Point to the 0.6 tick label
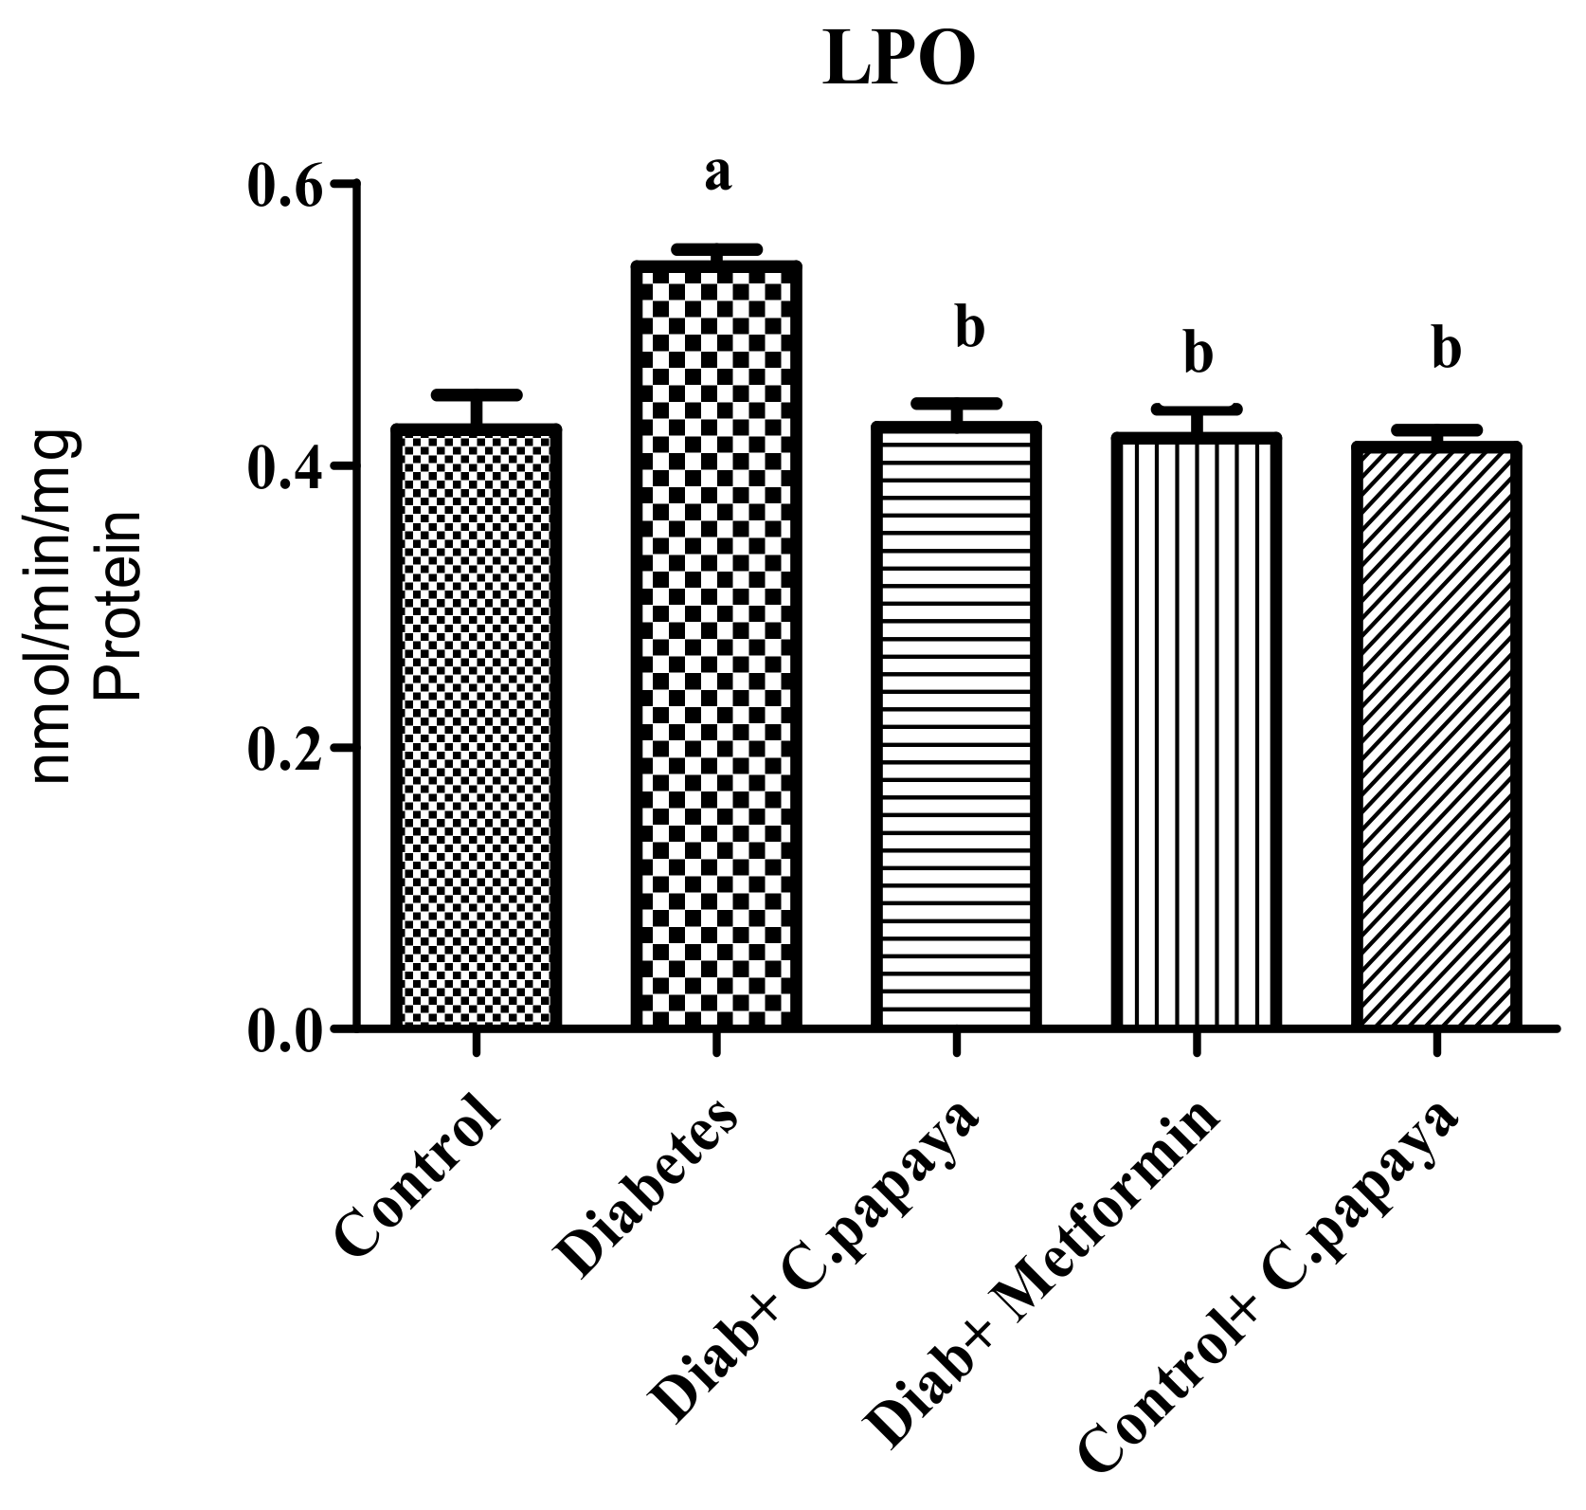288,185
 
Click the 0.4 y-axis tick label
288,466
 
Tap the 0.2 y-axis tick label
288,748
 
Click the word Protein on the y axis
120,607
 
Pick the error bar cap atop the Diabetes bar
716,249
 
